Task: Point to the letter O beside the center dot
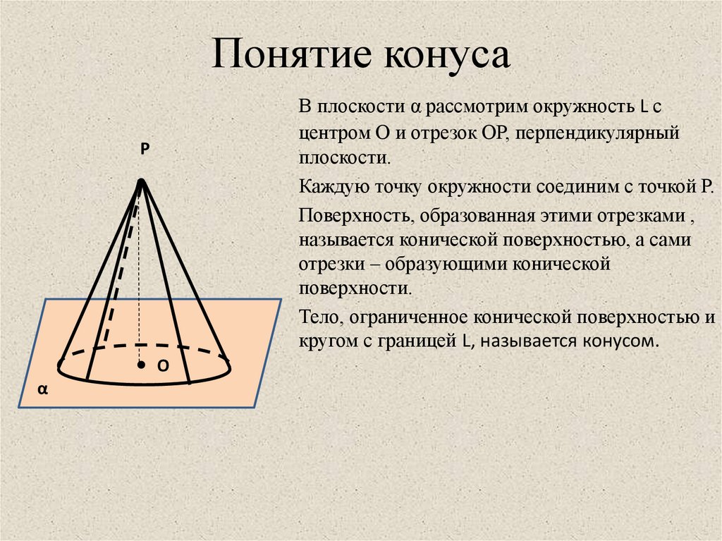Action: [161, 365]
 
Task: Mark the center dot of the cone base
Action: [141, 365]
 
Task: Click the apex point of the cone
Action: [142, 183]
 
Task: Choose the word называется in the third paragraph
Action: [345, 240]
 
